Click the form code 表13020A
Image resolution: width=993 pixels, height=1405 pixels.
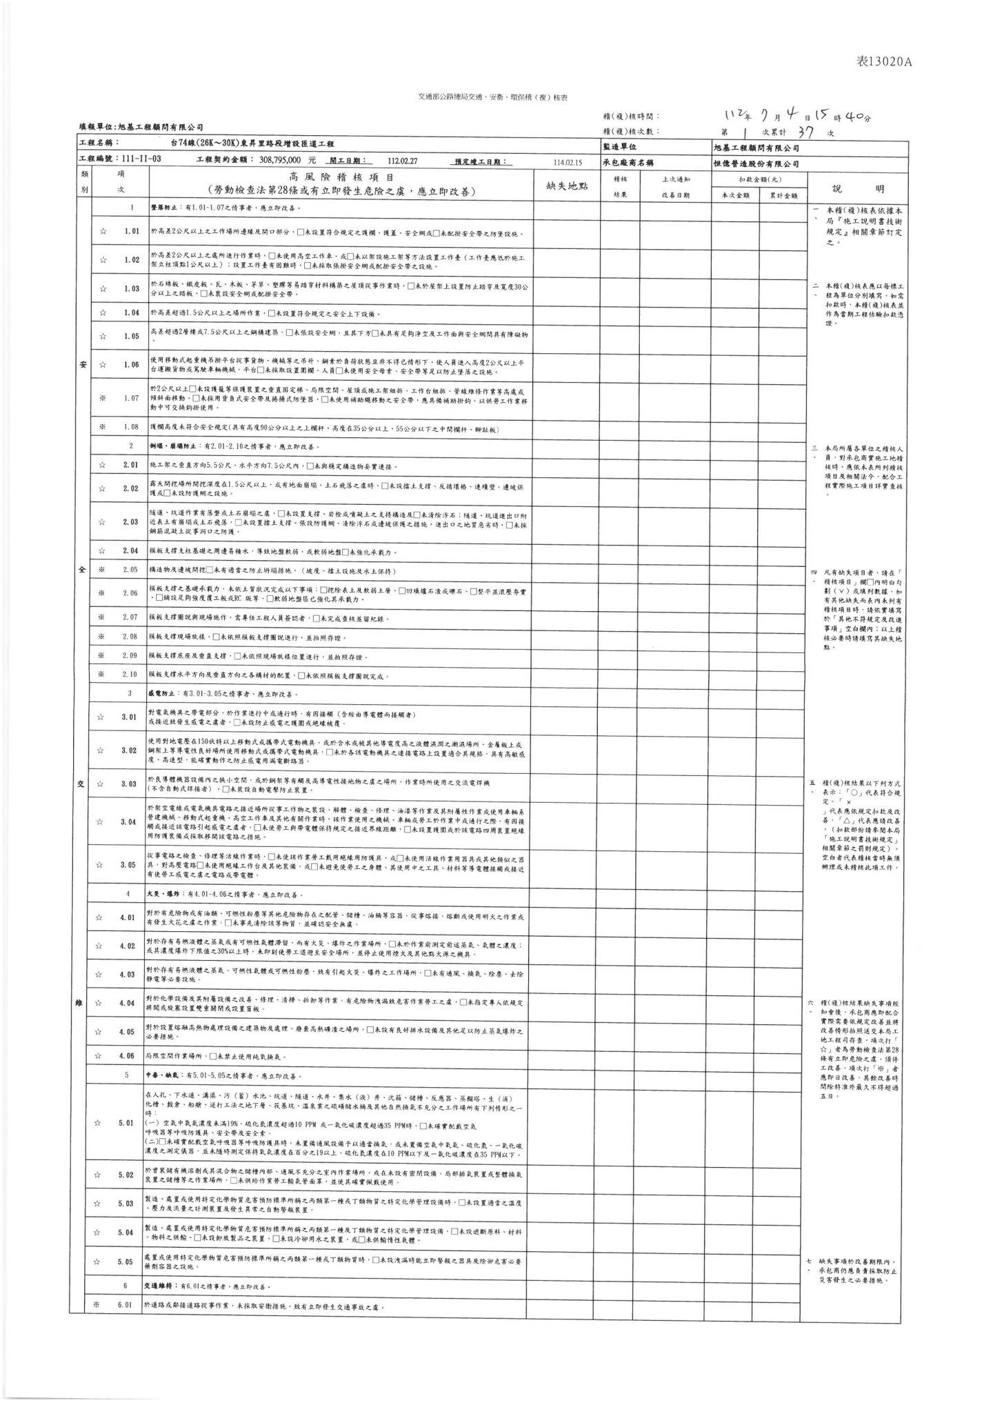[x=883, y=62]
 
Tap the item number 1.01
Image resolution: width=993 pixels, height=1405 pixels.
[x=132, y=232]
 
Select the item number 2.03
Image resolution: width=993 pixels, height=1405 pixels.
[x=130, y=522]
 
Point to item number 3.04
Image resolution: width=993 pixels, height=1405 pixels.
[x=129, y=822]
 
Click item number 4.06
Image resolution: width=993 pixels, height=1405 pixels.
[x=127, y=1056]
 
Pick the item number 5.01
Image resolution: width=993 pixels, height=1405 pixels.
[x=126, y=1123]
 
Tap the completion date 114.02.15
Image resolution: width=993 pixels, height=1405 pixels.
[x=568, y=163]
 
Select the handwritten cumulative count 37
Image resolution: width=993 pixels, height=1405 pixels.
[x=804, y=132]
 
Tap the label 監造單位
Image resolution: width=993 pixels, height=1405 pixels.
[x=620, y=148]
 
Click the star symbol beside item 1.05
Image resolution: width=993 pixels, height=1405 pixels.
[x=103, y=337]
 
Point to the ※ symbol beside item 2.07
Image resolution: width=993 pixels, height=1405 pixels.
[x=101, y=617]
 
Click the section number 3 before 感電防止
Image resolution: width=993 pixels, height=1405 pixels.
[x=130, y=693]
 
